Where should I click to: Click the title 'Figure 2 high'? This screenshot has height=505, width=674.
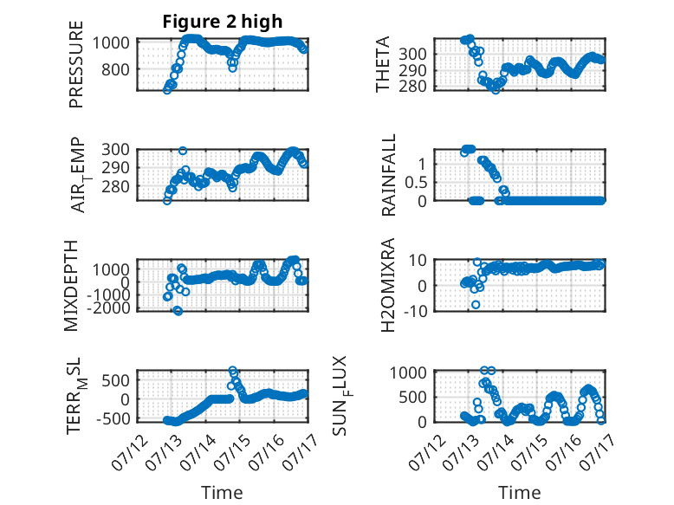[223, 22]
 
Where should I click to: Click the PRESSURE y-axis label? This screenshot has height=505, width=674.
[75, 64]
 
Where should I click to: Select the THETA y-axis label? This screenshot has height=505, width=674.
[382, 64]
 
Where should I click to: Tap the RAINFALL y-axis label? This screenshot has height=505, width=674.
[388, 175]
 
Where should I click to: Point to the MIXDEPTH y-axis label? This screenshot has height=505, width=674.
[71, 286]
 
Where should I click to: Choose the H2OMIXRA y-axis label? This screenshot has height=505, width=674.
[388, 285]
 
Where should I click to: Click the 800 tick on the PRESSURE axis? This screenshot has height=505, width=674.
[115, 69]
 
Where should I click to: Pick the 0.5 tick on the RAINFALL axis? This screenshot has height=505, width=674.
[415, 183]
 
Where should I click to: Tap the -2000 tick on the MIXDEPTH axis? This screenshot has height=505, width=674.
[108, 308]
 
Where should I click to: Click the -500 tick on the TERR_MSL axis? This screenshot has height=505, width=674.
[113, 418]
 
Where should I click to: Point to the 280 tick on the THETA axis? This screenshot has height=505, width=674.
[412, 87]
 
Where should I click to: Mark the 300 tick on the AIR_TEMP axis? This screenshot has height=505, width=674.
[115, 150]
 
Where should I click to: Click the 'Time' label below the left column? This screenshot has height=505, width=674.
[223, 493]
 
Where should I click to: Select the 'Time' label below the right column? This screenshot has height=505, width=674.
[519, 493]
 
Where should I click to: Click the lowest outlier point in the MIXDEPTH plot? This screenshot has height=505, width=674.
[178, 311]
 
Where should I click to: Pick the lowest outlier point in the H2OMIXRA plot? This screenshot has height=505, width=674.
[476, 305]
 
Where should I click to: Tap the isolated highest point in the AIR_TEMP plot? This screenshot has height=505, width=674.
[183, 151]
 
